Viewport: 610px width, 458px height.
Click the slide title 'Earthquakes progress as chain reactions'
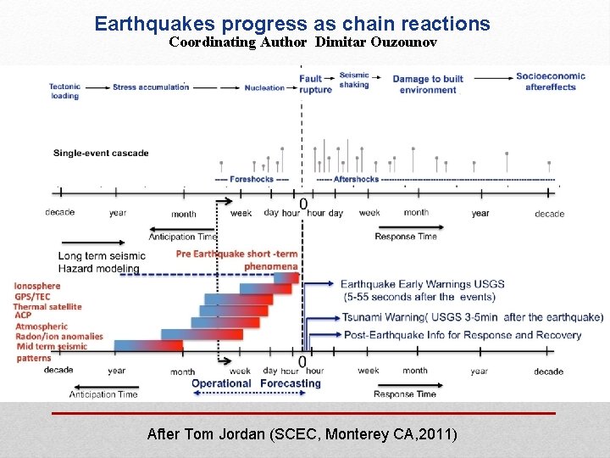tap(292, 24)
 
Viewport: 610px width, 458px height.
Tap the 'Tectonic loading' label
tap(65, 91)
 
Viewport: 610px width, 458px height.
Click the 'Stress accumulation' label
tap(150, 87)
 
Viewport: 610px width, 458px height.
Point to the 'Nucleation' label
tap(264, 87)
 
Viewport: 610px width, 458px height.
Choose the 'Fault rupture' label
tap(315, 84)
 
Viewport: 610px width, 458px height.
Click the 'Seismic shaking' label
tap(354, 80)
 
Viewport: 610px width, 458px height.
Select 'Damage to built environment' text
tap(428, 84)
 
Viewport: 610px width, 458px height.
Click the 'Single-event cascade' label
tap(101, 154)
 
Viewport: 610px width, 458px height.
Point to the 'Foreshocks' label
tap(252, 180)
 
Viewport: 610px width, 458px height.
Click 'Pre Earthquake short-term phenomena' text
tap(237, 260)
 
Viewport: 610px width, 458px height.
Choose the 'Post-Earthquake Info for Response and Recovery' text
tap(463, 335)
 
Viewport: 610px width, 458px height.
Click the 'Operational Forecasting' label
tap(256, 383)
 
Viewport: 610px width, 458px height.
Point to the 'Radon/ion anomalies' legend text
tap(58, 336)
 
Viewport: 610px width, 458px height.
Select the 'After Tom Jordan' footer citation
tap(302, 434)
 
